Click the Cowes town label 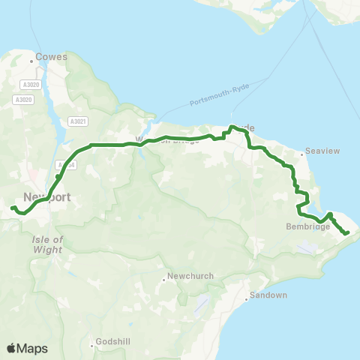pos(55,56)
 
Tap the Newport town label pos(46,197)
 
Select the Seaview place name pos(322,151)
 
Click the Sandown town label pos(270,295)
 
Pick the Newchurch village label pos(190,275)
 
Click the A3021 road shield pos(77,121)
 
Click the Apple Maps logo pos(26,348)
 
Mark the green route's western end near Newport pos(13,207)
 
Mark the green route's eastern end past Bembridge pos(348,234)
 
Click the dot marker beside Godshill pos(93,346)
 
